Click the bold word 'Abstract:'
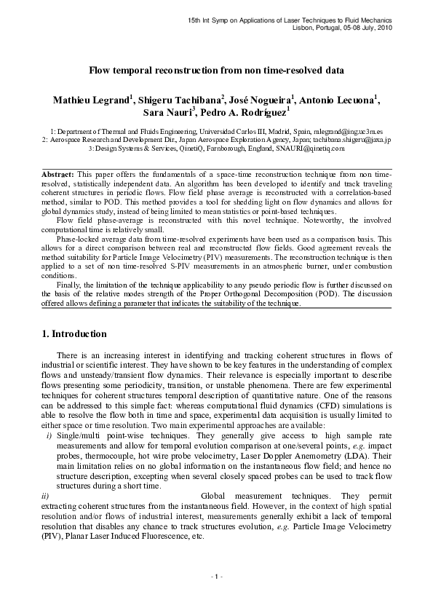[57, 176]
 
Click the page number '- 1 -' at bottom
[216, 577]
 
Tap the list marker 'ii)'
[46, 495]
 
